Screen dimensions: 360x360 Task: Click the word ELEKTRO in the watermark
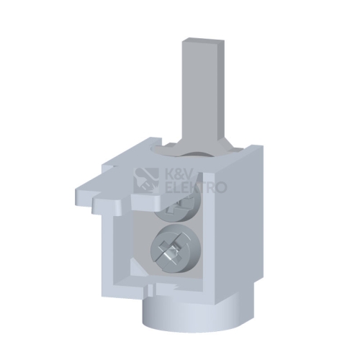pos(197,188)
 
